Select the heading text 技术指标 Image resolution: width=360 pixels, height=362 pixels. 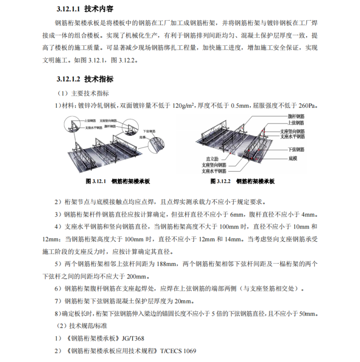coord(99,79)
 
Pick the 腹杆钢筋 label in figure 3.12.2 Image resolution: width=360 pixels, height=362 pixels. coord(296,116)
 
